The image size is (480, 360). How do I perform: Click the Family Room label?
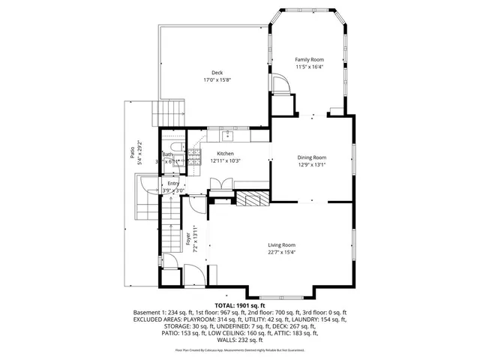(309, 59)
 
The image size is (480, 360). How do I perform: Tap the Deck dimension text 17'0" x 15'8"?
(217, 80)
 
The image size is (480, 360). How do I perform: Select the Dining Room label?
(312, 157)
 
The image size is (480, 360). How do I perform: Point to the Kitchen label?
(226, 153)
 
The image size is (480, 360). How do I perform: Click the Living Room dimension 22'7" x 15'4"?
(282, 252)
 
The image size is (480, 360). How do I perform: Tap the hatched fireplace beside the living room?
(251, 198)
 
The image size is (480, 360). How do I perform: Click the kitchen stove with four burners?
(194, 156)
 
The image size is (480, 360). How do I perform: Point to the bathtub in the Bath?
(173, 147)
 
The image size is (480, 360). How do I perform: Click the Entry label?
(173, 183)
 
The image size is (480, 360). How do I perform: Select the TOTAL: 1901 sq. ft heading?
(240, 306)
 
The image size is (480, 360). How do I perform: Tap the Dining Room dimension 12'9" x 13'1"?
(312, 165)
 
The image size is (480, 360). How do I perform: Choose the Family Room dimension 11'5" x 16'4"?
(309, 67)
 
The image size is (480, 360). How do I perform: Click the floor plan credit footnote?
(240, 349)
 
